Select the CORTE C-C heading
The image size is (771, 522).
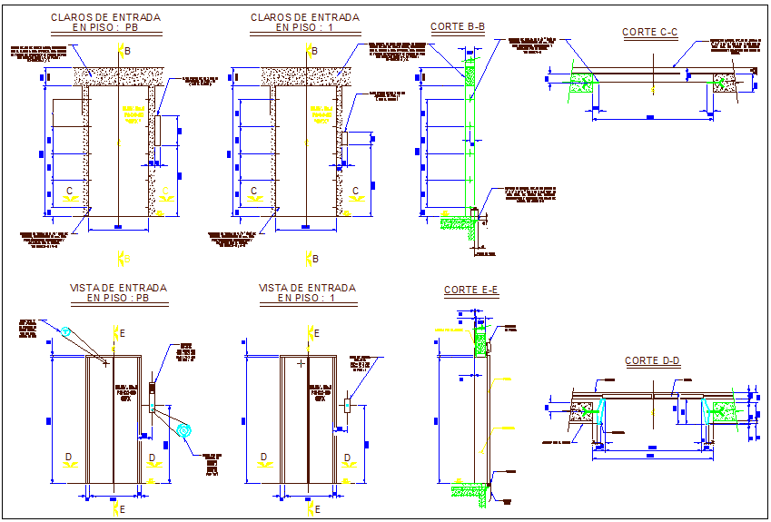650,33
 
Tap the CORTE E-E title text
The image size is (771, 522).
471,291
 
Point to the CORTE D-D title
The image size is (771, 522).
652,361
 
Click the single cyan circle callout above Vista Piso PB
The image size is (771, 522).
65,332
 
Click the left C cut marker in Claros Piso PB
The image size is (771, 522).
69,192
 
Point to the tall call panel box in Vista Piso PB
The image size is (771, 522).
152,393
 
